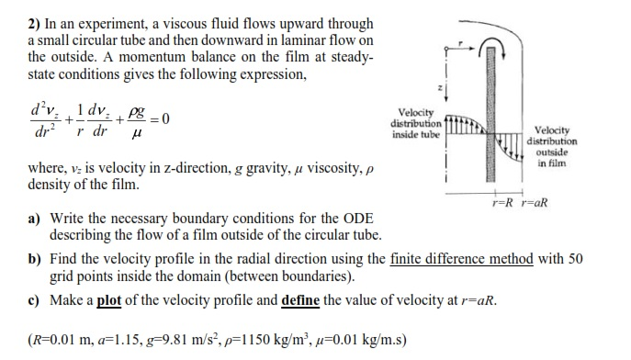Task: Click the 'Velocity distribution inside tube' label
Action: pos(417,125)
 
